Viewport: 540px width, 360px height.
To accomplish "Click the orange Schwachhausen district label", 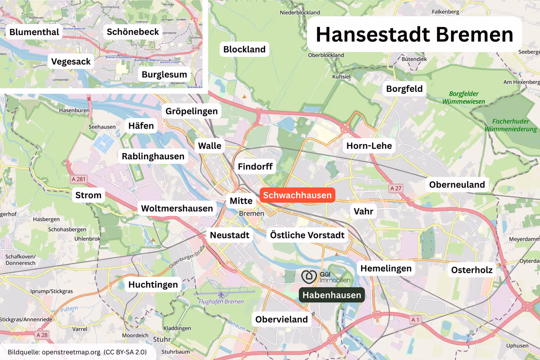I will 297,195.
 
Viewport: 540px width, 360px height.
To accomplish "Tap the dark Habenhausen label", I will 332,295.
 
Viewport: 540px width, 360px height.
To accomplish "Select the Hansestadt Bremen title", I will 414,35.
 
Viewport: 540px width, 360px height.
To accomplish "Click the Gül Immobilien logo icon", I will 309,276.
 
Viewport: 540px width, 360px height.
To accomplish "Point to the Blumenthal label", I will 34,32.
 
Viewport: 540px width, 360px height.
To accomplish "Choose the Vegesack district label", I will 71,61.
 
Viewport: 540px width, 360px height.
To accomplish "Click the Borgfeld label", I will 405,89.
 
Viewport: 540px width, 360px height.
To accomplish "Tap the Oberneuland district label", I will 457,184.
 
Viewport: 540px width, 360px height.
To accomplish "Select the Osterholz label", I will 472,270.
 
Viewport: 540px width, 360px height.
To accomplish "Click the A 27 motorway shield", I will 396,188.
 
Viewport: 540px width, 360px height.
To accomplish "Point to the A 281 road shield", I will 78,179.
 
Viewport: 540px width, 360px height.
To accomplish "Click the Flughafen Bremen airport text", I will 221,301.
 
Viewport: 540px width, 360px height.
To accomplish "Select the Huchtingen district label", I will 153,284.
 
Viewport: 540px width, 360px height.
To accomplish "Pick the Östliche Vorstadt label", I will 307,235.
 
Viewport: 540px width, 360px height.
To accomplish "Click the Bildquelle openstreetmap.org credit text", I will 77,351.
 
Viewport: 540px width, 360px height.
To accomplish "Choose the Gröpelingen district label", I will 192,111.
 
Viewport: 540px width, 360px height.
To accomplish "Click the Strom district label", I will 89,195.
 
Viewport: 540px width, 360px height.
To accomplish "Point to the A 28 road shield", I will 42,335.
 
